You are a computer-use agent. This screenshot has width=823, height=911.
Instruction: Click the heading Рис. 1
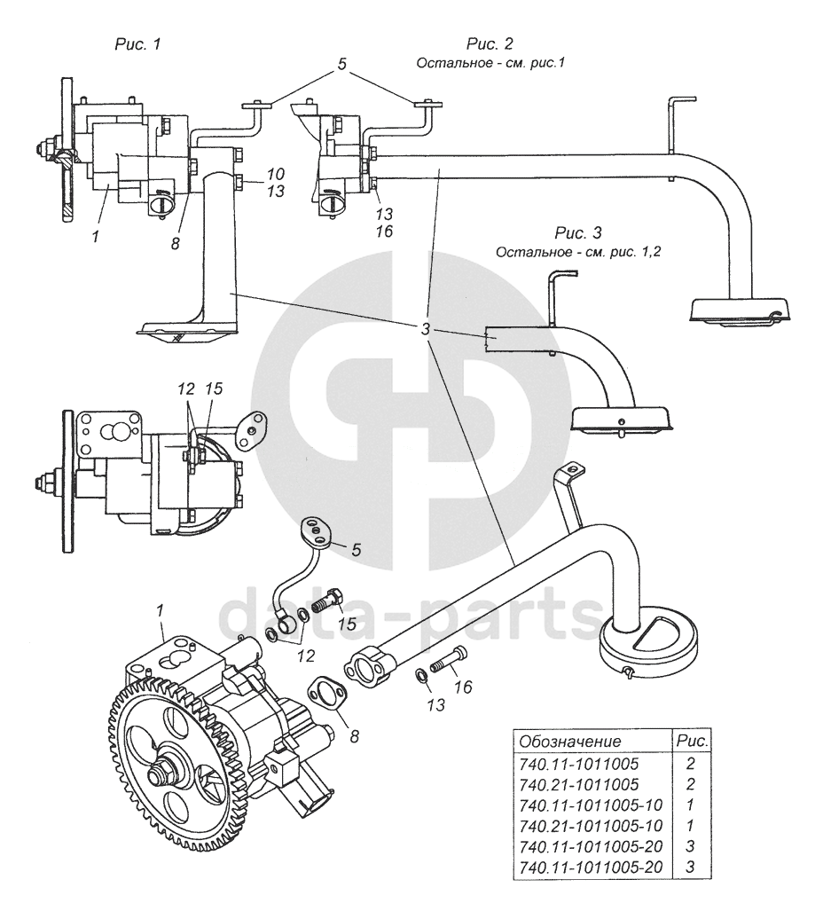tap(137, 43)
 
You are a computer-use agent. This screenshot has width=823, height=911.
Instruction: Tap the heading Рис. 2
tap(490, 43)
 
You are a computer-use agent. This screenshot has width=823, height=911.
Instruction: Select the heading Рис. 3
tap(577, 234)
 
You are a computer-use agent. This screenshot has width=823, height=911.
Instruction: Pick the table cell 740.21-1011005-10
tap(590, 825)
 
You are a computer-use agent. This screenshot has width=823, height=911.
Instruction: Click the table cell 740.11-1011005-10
tap(590, 805)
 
